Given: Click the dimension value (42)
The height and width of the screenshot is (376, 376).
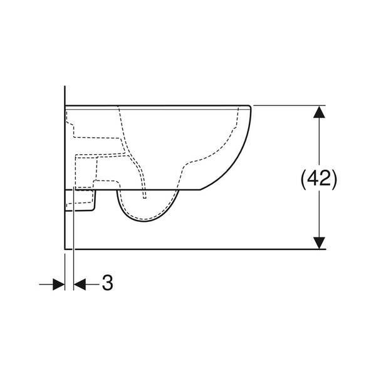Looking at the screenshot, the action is point(319,179).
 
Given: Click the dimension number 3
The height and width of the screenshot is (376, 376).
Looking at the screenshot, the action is point(107,283).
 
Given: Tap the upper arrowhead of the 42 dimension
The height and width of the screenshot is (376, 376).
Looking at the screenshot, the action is point(319,112).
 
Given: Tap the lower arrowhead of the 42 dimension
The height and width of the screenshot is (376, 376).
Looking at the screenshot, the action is point(319,243).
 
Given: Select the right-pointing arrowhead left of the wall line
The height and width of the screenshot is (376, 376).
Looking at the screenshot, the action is point(59,285).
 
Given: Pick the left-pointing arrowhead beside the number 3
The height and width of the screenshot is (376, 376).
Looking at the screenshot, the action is point(80,285).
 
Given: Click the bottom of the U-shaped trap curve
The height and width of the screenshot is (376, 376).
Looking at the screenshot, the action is point(144,221).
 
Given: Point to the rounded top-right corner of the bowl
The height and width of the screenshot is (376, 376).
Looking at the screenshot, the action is point(249,107).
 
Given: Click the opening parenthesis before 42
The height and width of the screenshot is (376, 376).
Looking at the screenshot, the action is point(304,179).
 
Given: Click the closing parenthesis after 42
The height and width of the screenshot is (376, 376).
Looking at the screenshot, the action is point(334,179).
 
